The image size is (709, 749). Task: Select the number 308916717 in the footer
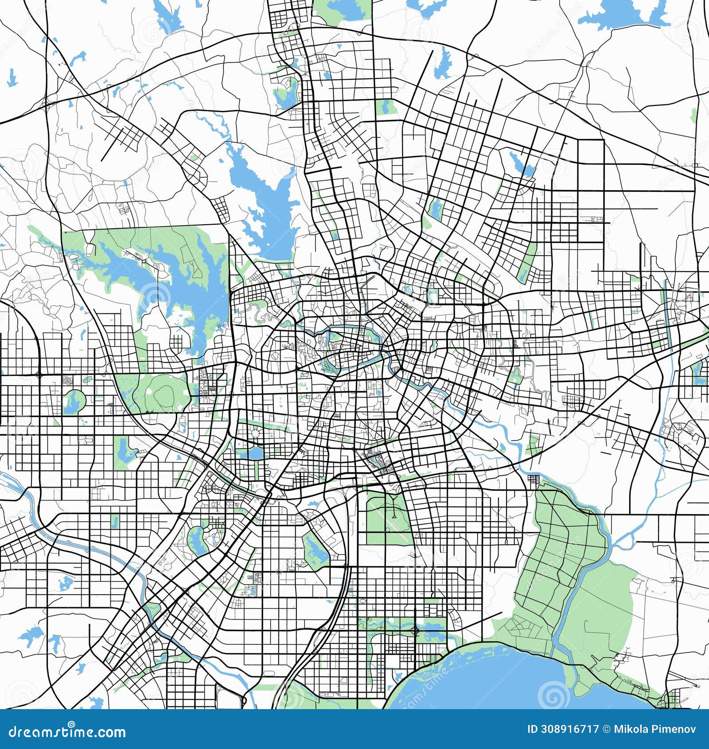[x=570, y=729]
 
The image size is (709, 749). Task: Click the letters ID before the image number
[x=533, y=729]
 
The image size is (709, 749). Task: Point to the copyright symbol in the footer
[x=606, y=729]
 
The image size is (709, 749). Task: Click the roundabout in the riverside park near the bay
[x=415, y=630]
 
